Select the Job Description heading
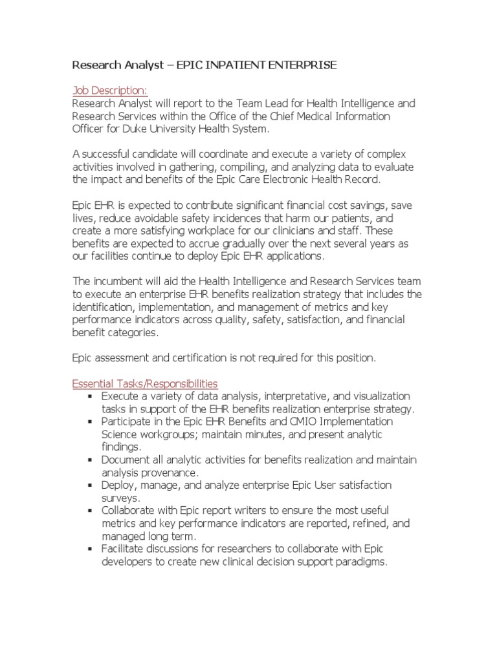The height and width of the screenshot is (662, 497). click(109, 91)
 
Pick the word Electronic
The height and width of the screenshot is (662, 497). click(278, 180)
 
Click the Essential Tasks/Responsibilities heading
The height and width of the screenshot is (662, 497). click(145, 383)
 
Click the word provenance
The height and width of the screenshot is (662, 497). click(170, 472)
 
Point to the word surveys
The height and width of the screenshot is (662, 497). click(121, 498)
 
